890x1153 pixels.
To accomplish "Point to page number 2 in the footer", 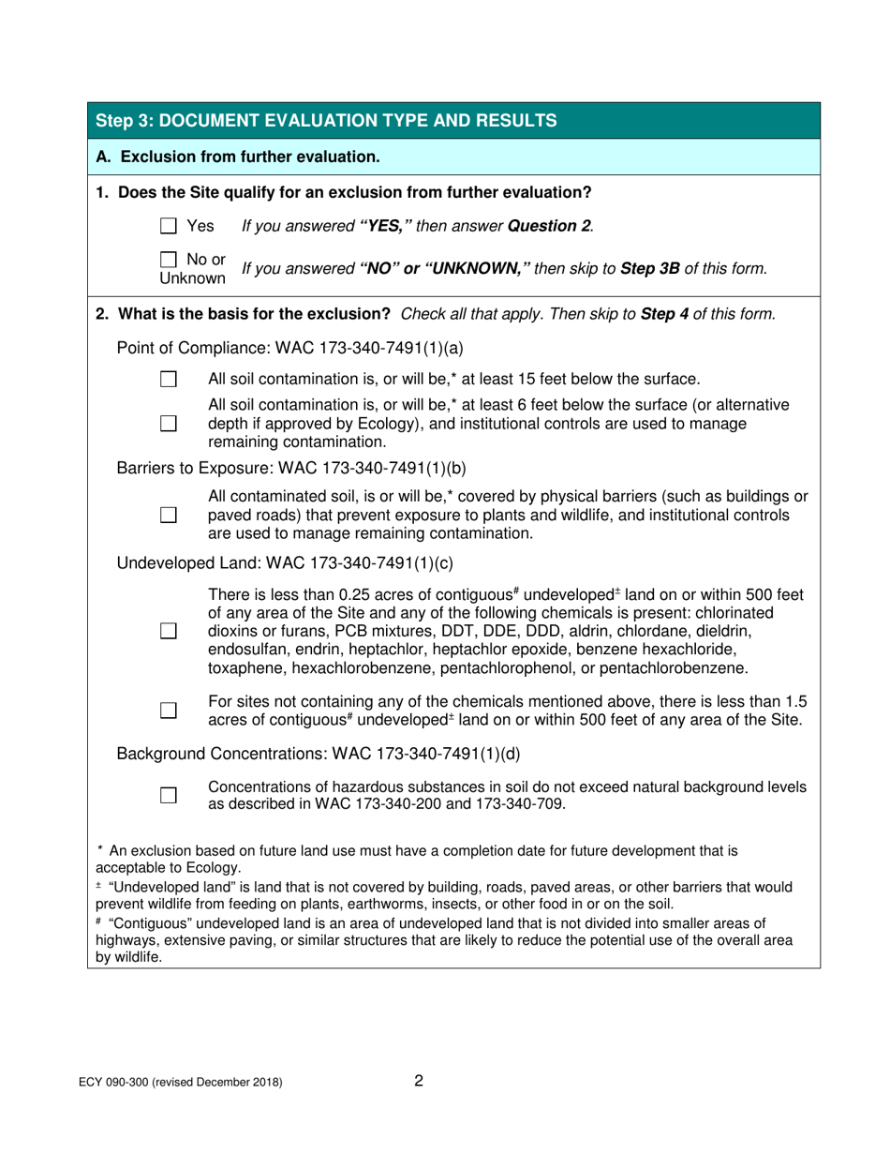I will [x=419, y=1081].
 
